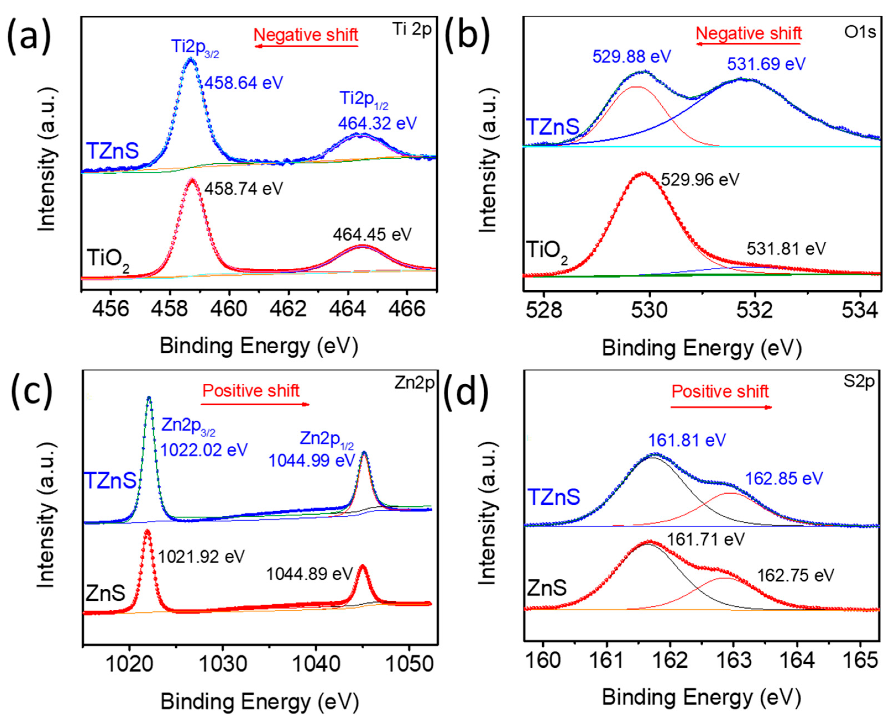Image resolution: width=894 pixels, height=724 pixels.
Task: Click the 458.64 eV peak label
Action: click(x=243, y=83)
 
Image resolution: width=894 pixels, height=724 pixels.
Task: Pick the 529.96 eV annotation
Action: click(x=700, y=180)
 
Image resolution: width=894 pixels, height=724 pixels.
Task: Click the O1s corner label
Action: click(x=860, y=32)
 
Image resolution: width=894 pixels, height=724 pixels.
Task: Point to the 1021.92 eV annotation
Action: click(x=201, y=556)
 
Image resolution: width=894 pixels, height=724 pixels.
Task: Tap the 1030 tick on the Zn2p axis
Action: click(x=223, y=664)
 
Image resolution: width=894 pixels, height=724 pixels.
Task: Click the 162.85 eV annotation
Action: click(x=784, y=478)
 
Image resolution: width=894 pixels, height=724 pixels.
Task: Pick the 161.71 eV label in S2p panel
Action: click(x=705, y=540)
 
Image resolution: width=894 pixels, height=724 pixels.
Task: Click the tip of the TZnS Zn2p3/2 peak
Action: click(x=149, y=397)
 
